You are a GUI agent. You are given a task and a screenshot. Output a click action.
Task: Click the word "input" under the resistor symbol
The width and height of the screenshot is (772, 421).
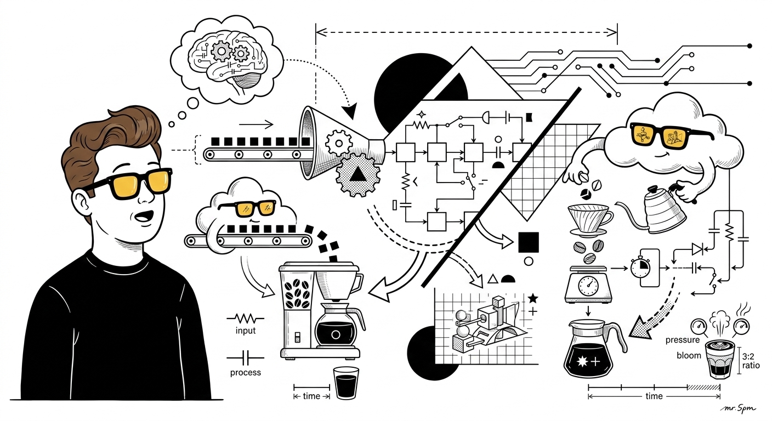pyautogui.click(x=246, y=331)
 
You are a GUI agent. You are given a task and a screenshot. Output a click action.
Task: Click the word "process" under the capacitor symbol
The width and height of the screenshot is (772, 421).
pyautogui.click(x=246, y=373)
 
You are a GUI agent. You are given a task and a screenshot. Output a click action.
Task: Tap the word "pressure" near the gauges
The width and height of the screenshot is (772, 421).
pyautogui.click(x=683, y=340)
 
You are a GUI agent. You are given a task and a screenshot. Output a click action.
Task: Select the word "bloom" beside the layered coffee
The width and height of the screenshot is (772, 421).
pyautogui.click(x=689, y=356)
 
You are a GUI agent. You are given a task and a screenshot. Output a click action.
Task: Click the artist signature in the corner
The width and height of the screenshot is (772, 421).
pyautogui.click(x=738, y=409)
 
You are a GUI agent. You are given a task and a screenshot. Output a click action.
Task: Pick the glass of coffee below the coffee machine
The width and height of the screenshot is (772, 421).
pyautogui.click(x=346, y=383)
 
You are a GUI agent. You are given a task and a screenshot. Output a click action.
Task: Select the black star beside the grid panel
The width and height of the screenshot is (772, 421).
pyautogui.click(x=532, y=298)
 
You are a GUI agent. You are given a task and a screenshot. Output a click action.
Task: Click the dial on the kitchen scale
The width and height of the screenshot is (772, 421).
pyautogui.click(x=588, y=285)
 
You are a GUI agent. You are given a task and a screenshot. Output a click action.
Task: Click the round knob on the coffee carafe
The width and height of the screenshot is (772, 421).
pyautogui.click(x=336, y=334)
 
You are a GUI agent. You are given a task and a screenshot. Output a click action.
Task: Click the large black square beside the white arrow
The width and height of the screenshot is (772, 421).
pyautogui.click(x=529, y=242)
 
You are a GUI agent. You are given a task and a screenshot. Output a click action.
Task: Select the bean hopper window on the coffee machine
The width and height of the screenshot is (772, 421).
pyautogui.click(x=297, y=293)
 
